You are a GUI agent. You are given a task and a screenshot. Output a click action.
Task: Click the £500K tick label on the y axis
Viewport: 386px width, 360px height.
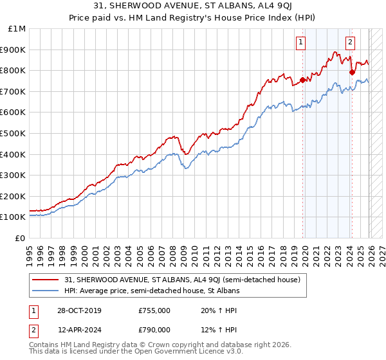tap(14, 133)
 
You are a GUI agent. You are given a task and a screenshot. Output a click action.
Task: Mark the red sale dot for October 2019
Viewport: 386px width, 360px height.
tap(302, 80)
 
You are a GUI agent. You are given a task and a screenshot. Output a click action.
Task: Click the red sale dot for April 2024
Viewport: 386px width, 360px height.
tap(352, 73)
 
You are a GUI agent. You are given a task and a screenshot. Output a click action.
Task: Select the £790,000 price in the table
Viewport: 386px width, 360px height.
tap(154, 330)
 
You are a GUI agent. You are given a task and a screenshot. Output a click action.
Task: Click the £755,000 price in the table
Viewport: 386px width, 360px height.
tap(154, 310)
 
